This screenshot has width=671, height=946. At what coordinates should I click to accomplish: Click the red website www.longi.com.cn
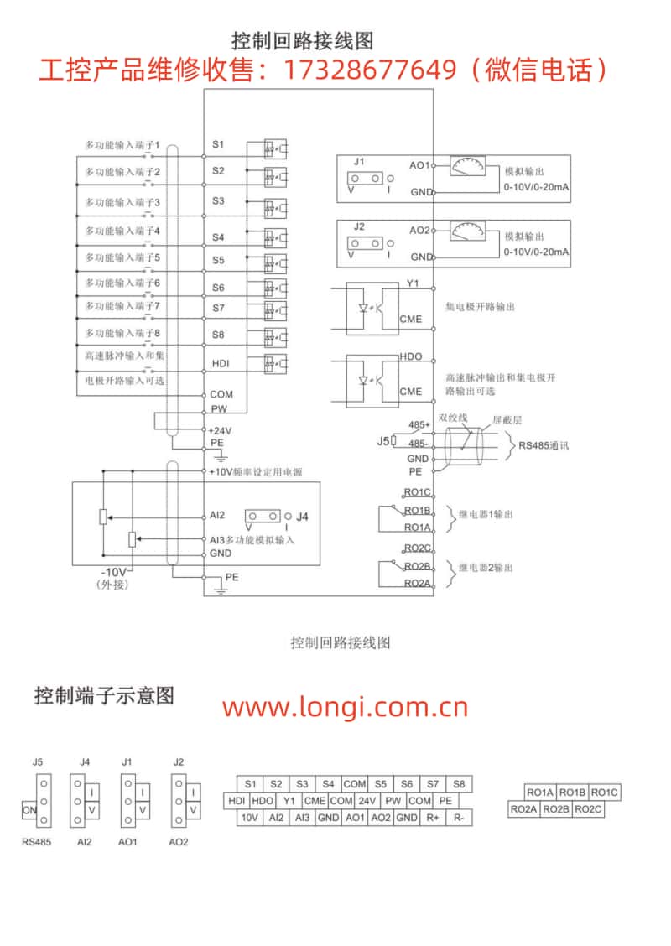(346, 707)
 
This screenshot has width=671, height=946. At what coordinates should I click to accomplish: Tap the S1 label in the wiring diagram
(218, 144)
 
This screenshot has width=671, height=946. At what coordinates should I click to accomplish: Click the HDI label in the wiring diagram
(221, 364)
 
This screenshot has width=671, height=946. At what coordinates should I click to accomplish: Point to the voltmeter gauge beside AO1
(468, 166)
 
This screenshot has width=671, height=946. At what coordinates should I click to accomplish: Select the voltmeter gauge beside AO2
(468, 231)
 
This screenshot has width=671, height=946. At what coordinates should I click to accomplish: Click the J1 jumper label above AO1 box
(359, 162)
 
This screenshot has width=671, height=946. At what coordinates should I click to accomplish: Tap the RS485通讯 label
(544, 446)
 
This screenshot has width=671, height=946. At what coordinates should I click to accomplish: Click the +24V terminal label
(220, 431)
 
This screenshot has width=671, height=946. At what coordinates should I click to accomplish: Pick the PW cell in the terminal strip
(393, 801)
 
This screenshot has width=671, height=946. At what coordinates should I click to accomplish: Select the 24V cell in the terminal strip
(367, 801)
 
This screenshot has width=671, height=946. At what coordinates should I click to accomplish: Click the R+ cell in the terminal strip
(433, 818)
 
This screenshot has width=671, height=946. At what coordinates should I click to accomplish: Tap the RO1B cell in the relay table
(572, 793)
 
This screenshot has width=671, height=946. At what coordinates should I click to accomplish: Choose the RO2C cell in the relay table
(588, 809)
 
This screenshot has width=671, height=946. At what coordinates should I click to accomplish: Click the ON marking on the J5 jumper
(29, 810)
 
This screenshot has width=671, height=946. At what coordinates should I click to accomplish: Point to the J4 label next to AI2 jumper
(302, 517)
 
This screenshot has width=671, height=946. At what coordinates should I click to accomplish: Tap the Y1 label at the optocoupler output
(413, 283)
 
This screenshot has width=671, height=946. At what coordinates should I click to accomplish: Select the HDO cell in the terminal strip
(263, 801)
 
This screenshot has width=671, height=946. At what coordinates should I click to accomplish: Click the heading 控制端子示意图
(104, 695)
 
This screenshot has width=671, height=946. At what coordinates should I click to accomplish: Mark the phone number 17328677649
(369, 70)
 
